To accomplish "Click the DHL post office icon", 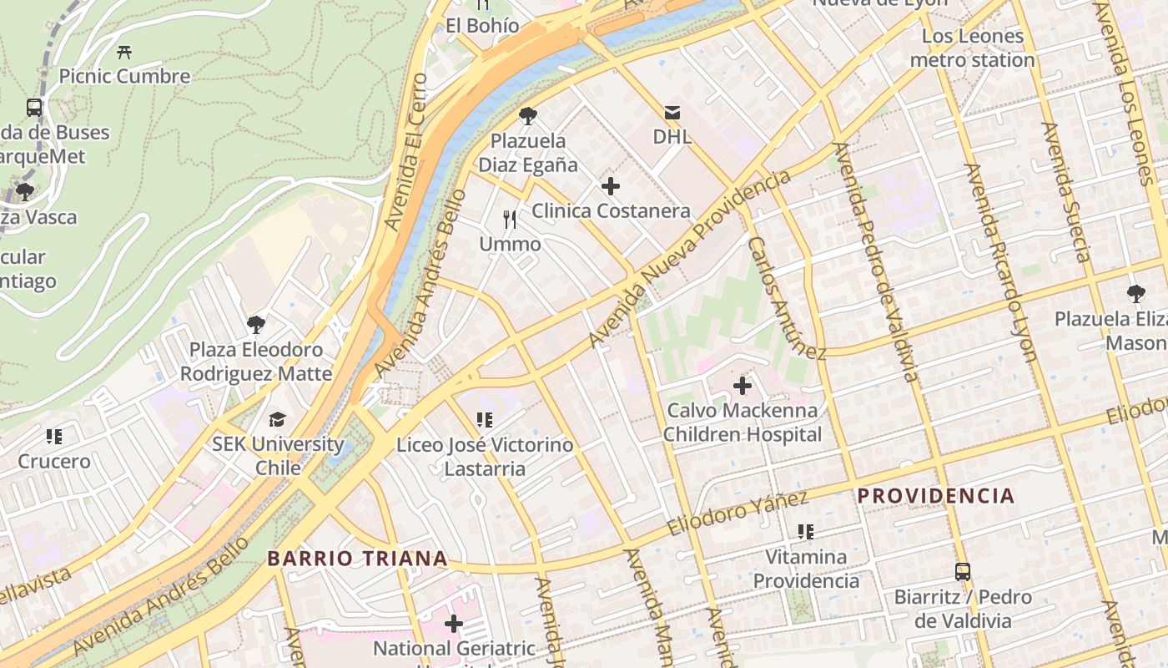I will [672, 112].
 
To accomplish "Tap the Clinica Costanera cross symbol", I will [611, 186].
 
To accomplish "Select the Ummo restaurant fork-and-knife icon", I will [510, 220].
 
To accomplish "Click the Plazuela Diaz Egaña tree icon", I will [527, 116].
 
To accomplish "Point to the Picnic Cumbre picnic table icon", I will [124, 52].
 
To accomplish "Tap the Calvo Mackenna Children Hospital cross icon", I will [742, 386].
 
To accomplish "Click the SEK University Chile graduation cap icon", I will [277, 419].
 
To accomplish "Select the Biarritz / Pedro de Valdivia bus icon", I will [963, 572].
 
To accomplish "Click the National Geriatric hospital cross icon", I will [454, 624].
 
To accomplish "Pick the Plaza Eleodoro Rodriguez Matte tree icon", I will [256, 325].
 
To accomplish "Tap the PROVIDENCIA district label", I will [936, 496].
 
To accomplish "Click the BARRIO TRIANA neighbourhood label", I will [357, 559].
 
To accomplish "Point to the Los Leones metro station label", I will [972, 48].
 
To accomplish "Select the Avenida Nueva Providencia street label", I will [689, 259].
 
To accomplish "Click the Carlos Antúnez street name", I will [786, 298].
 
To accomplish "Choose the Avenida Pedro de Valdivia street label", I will [875, 261].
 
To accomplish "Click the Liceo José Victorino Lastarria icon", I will [485, 420].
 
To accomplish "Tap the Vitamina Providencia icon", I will [806, 531].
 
